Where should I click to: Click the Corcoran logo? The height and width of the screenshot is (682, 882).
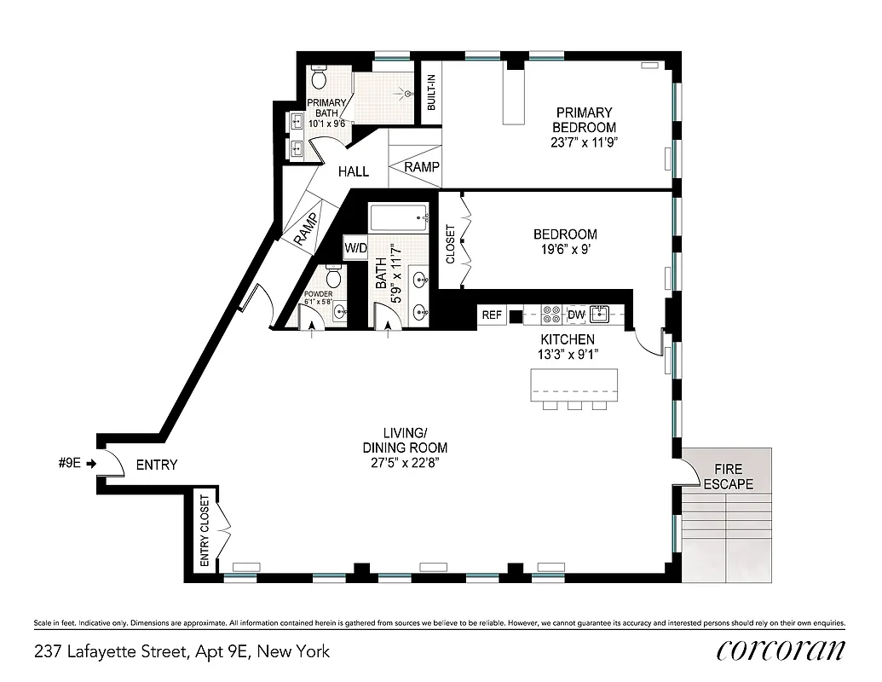point(781,650)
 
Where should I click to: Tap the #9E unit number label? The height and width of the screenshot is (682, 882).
point(69,464)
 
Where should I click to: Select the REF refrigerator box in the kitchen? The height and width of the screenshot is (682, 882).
point(492,315)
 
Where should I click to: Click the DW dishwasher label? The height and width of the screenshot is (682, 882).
point(576,315)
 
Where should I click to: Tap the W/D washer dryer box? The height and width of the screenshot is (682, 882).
point(355,248)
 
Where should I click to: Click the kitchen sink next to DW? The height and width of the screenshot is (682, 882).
point(602,315)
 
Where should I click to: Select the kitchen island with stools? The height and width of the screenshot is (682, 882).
point(574,388)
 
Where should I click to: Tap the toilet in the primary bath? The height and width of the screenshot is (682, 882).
point(319,80)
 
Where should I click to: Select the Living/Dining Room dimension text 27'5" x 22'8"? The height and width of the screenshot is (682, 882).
point(405,462)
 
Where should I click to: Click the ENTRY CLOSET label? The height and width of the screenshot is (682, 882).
point(205,531)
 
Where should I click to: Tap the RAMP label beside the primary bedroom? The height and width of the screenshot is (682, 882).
point(422,167)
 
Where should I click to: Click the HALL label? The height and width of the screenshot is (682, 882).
point(353,171)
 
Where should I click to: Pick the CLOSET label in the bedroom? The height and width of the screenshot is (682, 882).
point(450,244)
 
